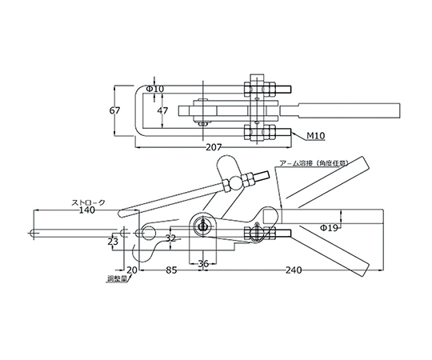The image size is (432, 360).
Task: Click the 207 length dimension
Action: (214, 148)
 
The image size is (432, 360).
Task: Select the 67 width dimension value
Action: (114, 110)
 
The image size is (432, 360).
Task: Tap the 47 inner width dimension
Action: (162, 110)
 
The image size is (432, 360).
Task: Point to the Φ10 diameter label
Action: (155, 89)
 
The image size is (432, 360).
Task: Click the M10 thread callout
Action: (316, 135)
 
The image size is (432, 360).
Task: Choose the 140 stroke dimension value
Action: (86, 210)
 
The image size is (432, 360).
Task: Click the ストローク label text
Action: (88, 202)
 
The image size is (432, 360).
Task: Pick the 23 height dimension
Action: (113, 242)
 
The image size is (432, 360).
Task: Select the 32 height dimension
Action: (171, 238)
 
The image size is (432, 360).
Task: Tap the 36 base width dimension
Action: (204, 263)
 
